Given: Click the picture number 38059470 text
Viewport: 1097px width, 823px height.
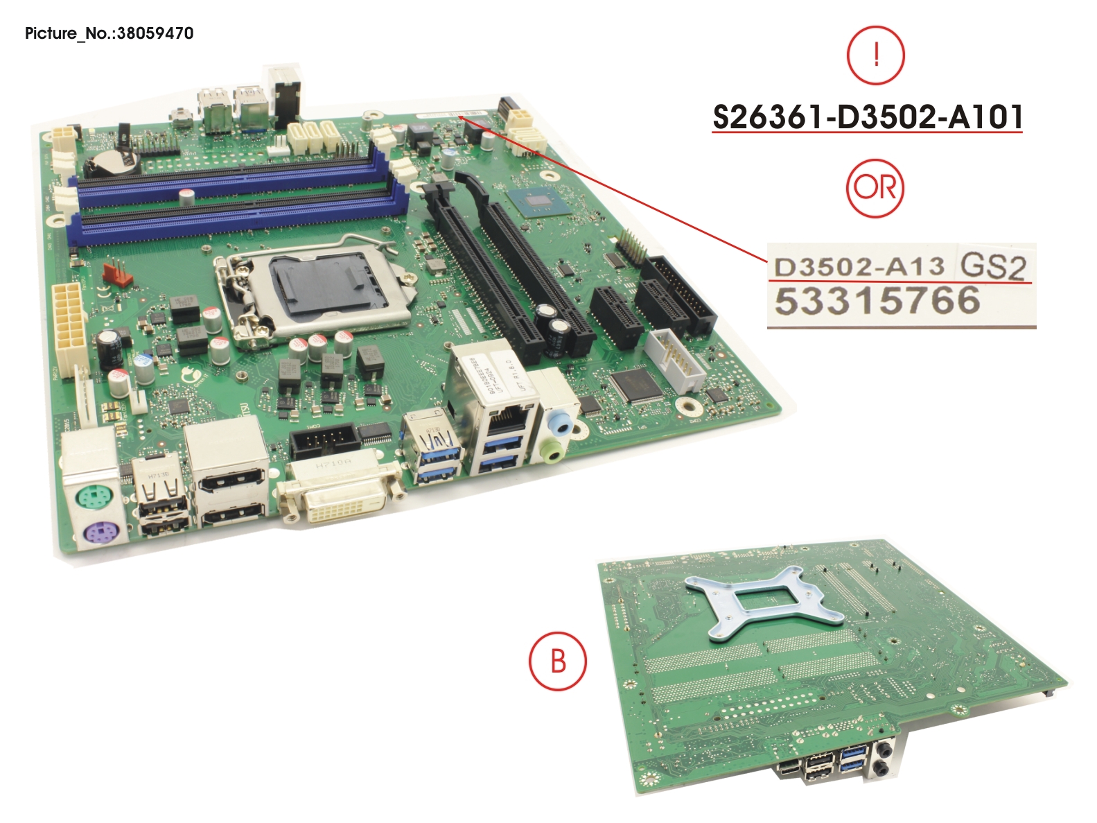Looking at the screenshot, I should [155, 33].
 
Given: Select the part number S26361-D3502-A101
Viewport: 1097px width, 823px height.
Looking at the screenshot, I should [867, 116].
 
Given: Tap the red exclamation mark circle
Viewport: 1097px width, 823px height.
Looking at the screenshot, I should [876, 55].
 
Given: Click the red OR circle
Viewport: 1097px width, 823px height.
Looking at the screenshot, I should [875, 188].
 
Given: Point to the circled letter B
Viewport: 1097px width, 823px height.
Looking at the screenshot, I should [558, 661].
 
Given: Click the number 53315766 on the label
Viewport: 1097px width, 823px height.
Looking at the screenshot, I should [877, 302].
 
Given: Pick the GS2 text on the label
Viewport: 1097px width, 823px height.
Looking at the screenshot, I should [992, 266].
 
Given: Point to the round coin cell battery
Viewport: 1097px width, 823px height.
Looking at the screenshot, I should [112, 163].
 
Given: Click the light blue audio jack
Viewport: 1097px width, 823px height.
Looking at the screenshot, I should [559, 421].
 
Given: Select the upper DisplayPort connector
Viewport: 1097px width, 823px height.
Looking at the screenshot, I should [229, 478].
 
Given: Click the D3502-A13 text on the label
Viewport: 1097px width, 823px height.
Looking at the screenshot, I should [859, 266].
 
